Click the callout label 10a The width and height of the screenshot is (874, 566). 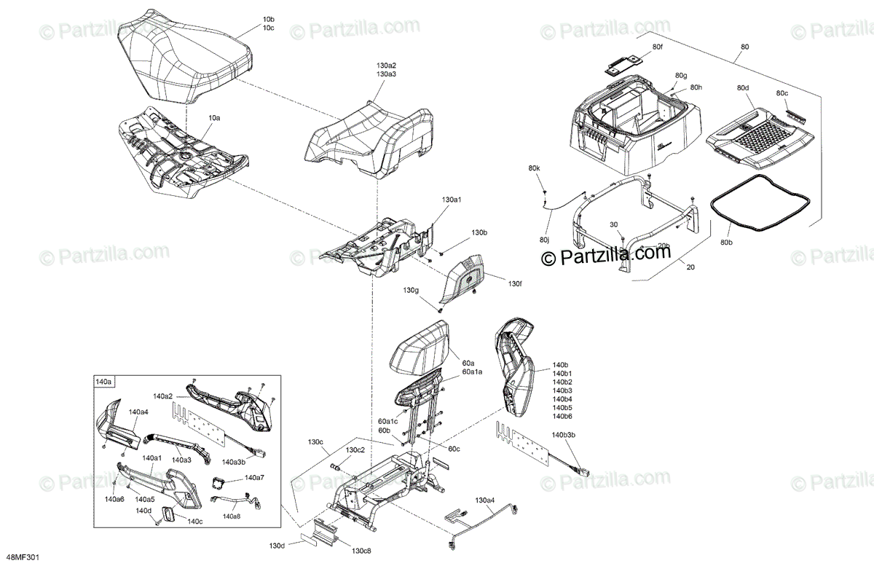coord(215,117)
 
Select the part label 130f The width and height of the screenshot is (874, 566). coord(515,283)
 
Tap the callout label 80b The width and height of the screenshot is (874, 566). coord(726,242)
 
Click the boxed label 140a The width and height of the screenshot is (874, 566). coord(103,381)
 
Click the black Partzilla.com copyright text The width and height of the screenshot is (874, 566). coord(605,255)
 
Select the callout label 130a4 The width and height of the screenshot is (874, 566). coord(485,500)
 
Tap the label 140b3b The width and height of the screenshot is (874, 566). coord(564,436)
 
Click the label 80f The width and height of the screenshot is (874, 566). coord(657,47)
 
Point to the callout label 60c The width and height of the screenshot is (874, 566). coord(454,449)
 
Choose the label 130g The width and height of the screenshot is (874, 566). coord(412,291)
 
